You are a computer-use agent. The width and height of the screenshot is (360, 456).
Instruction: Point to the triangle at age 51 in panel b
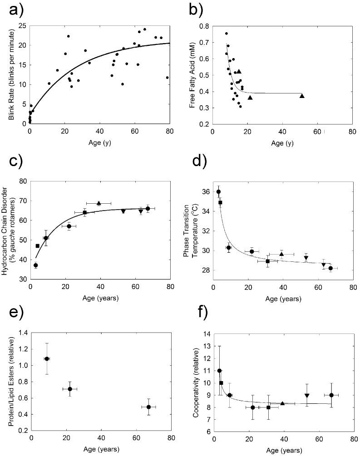click(x=302, y=95)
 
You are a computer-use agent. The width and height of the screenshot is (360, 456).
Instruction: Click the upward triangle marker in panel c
click(x=99, y=203)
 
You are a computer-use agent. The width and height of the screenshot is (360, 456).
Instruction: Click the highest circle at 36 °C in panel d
click(x=218, y=192)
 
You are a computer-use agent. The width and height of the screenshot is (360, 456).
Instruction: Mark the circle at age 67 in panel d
click(x=330, y=268)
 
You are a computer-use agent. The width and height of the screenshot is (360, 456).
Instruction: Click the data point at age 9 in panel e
click(x=46, y=358)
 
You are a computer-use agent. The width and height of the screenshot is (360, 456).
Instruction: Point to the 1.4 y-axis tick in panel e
click(x=21, y=333)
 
